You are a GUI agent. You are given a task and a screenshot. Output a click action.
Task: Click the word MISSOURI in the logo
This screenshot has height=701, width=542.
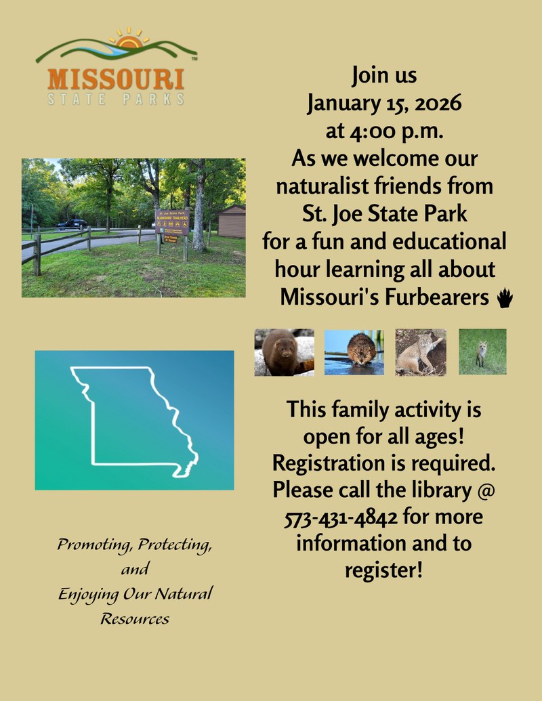click(115, 79)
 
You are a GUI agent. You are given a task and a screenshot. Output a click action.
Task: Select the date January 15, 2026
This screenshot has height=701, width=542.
click(384, 104)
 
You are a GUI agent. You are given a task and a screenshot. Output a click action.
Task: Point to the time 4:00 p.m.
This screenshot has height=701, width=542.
click(384, 131)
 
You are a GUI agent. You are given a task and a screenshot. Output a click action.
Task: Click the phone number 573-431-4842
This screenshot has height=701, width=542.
click(340, 517)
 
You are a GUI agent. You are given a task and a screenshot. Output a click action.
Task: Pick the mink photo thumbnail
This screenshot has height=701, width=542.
click(285, 352)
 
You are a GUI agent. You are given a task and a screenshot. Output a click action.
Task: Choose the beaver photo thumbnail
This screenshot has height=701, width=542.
click(354, 352)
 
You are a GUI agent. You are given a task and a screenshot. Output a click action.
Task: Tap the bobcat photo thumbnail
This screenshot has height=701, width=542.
click(421, 352)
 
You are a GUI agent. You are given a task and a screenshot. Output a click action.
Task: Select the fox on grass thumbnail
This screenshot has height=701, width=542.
click(482, 352)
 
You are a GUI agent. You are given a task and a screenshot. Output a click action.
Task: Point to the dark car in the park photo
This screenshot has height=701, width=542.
click(72, 224)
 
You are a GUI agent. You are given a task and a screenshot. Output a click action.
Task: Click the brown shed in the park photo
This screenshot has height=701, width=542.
click(232, 221)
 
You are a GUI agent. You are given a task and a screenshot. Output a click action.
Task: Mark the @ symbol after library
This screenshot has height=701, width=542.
click(486, 490)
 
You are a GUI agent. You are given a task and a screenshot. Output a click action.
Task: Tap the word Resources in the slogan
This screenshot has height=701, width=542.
click(135, 618)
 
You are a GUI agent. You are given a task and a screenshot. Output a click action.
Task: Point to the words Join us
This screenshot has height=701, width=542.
click(384, 76)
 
